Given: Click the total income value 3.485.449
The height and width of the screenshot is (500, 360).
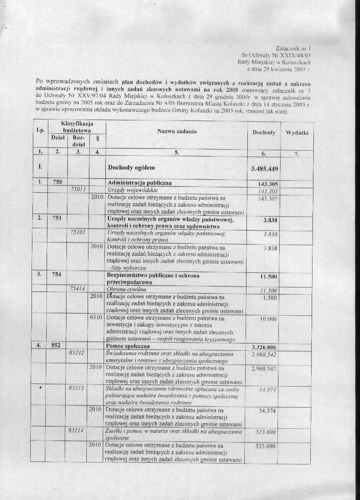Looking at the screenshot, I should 264,168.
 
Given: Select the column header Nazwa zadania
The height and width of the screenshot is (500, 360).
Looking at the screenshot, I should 177,131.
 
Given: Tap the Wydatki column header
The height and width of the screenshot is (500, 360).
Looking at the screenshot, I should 297,133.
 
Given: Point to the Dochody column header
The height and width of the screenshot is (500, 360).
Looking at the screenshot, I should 264,132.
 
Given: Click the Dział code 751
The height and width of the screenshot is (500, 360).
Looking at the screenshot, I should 57,218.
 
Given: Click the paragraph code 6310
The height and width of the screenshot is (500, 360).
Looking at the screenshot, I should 96,318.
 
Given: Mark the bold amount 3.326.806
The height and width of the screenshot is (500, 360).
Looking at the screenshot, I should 264,347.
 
